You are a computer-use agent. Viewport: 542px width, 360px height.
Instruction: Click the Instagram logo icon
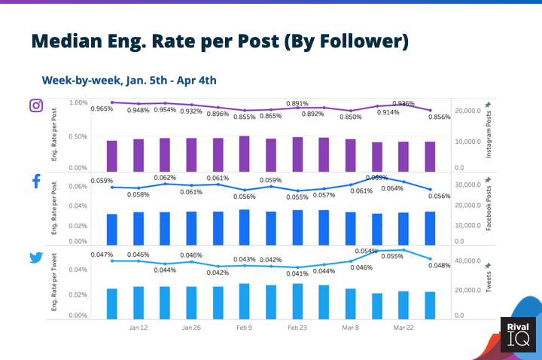click(35, 105)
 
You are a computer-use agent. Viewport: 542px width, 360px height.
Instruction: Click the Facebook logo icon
click(35, 182)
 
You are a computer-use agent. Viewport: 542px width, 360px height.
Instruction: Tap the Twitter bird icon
click(35, 258)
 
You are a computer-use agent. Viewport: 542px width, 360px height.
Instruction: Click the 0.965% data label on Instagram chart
click(102, 109)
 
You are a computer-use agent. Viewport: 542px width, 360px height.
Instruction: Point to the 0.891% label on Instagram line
click(297, 103)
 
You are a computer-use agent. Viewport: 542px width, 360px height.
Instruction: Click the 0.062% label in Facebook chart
click(165, 178)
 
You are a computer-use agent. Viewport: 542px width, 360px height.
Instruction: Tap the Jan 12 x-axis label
click(138, 328)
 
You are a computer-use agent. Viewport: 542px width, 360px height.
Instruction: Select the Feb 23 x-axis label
click(297, 328)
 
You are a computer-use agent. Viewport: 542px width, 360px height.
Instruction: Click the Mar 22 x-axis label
click(403, 328)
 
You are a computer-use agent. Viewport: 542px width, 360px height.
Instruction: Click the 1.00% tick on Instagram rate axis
click(78, 102)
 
